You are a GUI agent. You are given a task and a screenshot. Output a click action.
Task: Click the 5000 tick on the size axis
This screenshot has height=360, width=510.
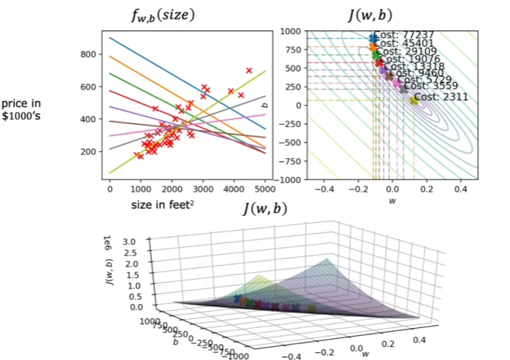click(x=266, y=189)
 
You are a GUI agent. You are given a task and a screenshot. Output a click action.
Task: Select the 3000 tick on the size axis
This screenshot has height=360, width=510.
click(x=203, y=189)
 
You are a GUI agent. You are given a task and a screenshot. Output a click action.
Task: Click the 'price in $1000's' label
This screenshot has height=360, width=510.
click(x=23, y=111)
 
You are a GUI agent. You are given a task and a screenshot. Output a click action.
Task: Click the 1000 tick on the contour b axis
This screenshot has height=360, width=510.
click(x=290, y=31)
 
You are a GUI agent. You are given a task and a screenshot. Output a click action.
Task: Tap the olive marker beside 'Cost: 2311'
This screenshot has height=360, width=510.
click(x=413, y=101)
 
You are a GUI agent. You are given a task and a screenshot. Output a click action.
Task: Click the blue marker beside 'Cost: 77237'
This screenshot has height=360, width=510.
click(x=373, y=37)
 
